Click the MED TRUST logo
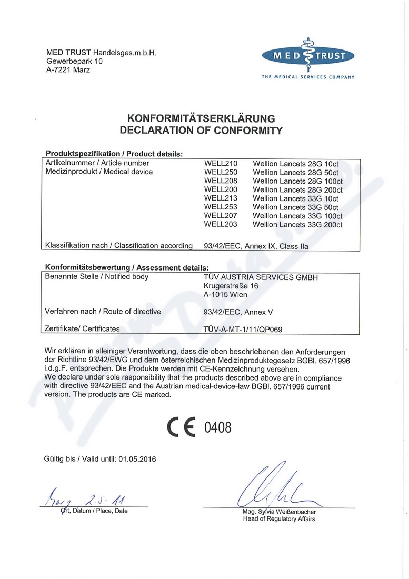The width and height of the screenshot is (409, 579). click(x=308, y=56)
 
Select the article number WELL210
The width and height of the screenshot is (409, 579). click(x=221, y=164)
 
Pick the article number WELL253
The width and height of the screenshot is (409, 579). click(x=221, y=207)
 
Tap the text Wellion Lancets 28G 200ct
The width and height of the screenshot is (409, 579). click(x=297, y=189)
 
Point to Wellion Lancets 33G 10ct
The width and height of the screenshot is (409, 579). click(x=295, y=198)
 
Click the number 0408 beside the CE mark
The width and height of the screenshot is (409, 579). click(x=217, y=427)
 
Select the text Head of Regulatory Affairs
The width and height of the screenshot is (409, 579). click(x=279, y=519)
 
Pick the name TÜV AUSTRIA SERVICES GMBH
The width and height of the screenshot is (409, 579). click(x=261, y=277)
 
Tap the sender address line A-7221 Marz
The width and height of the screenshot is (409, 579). click(x=68, y=70)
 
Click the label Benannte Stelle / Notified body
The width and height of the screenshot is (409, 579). click(x=97, y=277)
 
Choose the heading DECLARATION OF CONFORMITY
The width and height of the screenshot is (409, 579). click(x=201, y=131)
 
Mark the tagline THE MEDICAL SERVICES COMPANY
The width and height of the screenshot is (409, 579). click(x=308, y=77)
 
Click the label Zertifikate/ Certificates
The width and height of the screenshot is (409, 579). click(x=83, y=329)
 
